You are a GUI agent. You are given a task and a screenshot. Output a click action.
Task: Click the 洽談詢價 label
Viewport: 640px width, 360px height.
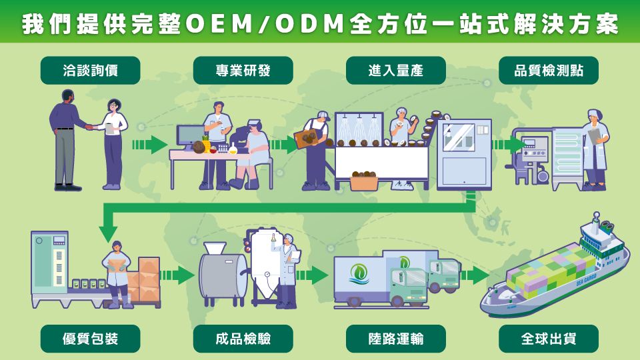coord(91,70)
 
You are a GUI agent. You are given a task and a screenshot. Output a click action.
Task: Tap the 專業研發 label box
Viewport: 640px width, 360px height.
coord(243,70)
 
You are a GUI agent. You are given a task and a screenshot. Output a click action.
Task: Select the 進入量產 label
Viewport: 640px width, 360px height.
coord(395,70)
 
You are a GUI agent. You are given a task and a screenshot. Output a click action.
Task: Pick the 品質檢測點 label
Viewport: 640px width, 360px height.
coord(548,70)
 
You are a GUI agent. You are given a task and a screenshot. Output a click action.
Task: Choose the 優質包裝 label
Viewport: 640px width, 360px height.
coord(91,339)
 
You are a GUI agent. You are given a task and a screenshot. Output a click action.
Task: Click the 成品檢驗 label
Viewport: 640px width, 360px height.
coord(243,339)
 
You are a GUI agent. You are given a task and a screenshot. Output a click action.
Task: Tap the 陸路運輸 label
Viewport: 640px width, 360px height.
coord(395,339)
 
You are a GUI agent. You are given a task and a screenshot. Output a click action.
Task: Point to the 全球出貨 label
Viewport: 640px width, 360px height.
coord(548,339)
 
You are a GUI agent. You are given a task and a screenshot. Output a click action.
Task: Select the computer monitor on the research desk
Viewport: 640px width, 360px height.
coord(190,135)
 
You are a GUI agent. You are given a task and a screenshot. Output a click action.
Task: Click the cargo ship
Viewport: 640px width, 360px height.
coord(557,267)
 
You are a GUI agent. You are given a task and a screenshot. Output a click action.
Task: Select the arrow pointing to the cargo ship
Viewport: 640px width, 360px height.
coord(474,274)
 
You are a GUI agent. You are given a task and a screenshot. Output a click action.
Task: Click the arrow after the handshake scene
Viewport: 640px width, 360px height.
coord(148,144)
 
